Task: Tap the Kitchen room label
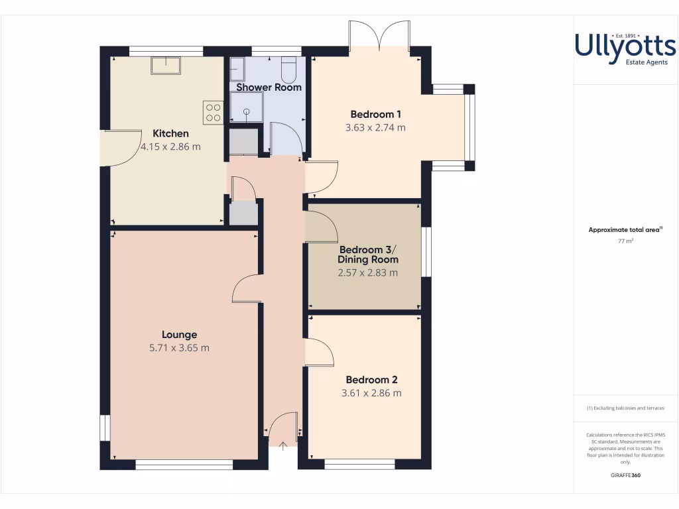170,133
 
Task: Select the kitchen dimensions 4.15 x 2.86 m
170,146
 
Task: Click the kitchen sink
166,65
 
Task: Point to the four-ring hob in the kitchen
213,111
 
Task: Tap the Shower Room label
269,87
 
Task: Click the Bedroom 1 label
375,114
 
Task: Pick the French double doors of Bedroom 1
379,36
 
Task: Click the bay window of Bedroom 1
469,127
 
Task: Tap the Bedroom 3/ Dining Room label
369,254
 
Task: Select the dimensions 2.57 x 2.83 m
369,272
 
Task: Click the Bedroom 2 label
371,380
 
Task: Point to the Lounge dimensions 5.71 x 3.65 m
179,348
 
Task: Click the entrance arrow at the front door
283,446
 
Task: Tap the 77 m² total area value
625,241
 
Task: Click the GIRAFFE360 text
625,475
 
